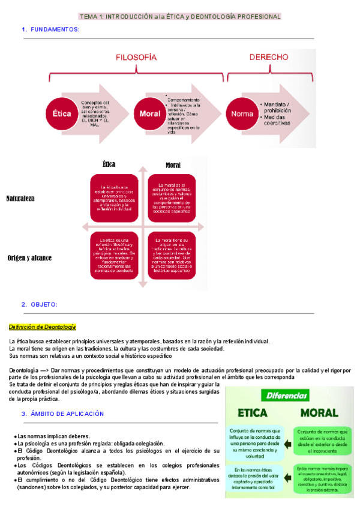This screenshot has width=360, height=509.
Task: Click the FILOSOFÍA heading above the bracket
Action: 136,57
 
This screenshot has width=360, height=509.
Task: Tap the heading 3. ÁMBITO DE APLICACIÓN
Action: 63,414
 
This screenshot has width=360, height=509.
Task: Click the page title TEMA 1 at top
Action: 180,16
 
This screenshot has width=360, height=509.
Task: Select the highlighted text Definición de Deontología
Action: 42,327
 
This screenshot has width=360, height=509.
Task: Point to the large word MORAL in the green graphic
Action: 319,413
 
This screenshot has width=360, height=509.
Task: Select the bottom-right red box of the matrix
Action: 172,255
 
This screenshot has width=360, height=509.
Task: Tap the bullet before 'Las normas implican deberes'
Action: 15,436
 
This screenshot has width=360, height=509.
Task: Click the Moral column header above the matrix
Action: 173,165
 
